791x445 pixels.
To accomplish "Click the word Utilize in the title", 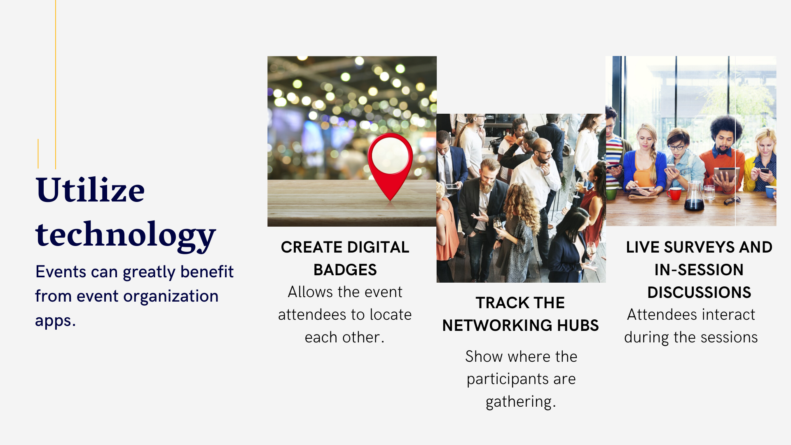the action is click(90, 190).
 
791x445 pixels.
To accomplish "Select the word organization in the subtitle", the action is click(171, 297).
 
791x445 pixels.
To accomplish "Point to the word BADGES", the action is click(345, 270).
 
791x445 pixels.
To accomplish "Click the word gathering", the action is click(521, 402).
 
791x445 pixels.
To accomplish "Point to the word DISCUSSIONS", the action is click(699, 293).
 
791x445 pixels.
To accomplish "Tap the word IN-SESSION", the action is click(699, 270).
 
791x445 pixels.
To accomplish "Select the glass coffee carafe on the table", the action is click(694, 196).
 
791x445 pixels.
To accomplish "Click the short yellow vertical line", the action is click(38, 154).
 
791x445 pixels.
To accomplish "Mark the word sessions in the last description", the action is click(729, 337).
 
